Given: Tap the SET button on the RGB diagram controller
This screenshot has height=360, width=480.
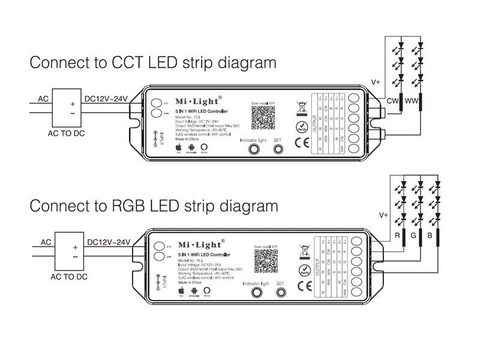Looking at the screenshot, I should pyautogui.click(x=280, y=293).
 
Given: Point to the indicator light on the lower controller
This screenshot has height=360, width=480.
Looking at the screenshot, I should pyautogui.click(x=256, y=293).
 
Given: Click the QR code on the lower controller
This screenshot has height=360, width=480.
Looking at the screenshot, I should pyautogui.click(x=265, y=260).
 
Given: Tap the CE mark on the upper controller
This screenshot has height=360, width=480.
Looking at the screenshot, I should pyautogui.click(x=301, y=142).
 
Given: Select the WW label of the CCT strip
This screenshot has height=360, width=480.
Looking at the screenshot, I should pyautogui.click(x=412, y=100).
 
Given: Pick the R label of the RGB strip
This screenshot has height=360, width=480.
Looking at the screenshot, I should pyautogui.click(x=397, y=235).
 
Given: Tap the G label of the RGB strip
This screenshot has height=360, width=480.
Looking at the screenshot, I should pyautogui.click(x=413, y=235).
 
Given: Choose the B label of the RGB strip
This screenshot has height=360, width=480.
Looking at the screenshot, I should pyautogui.click(x=430, y=235).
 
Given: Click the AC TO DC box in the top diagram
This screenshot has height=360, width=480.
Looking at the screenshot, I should pyautogui.click(x=67, y=107).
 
